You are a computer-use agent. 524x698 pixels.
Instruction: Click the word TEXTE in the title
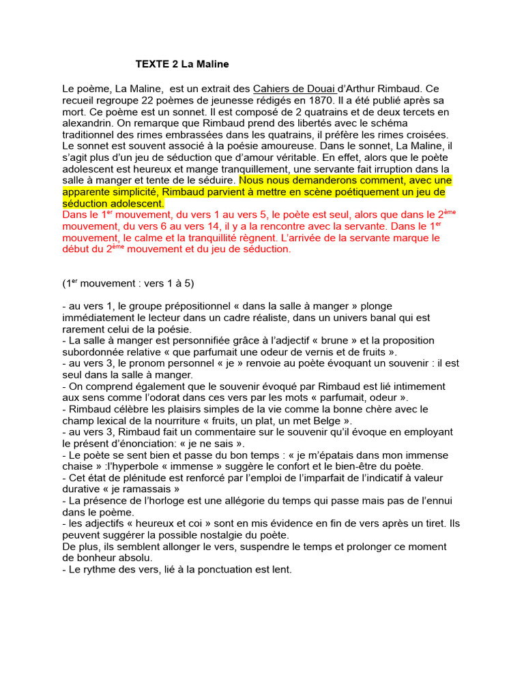(149, 64)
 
